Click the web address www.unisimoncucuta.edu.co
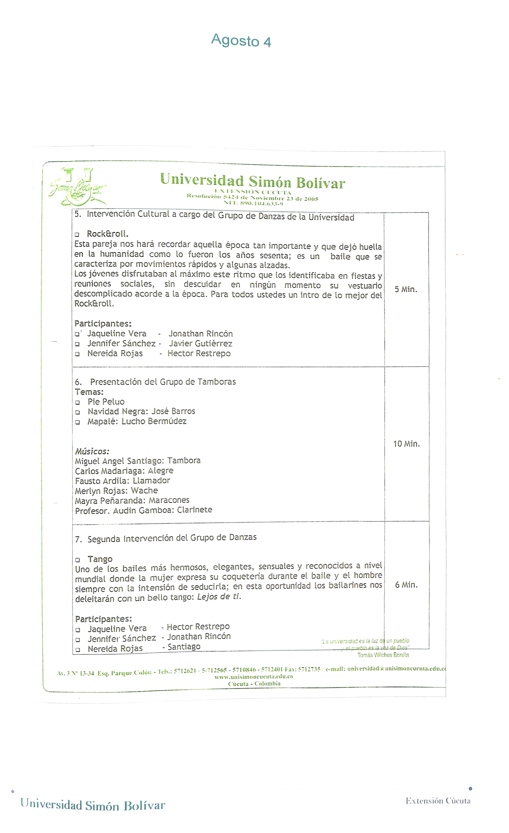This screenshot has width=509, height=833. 254,677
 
